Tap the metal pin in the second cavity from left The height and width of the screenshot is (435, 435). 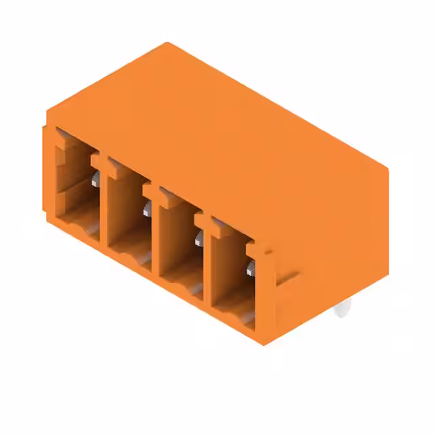(147, 209)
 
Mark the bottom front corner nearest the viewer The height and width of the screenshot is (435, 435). (262, 344)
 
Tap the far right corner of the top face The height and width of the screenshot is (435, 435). (387, 169)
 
